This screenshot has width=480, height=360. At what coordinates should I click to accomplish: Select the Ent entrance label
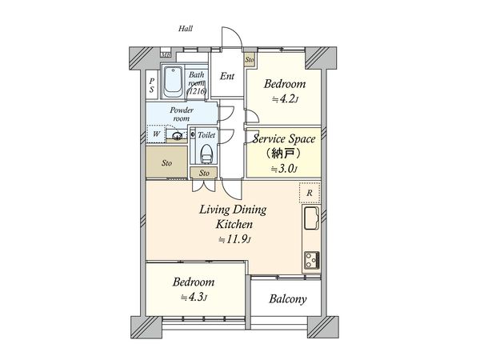227,78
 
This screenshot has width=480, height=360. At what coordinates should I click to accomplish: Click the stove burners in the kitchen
310,258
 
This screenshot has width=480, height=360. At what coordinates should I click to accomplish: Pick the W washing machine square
156,134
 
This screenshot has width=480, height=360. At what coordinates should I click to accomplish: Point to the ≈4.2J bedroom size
283,100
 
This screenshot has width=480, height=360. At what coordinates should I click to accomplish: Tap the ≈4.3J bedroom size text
193,298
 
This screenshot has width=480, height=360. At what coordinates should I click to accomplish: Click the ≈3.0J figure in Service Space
284,168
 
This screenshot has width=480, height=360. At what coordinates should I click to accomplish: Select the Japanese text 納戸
284,153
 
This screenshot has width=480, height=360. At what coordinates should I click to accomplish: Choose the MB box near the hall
166,54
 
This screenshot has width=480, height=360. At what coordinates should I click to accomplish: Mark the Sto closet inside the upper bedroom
249,58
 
